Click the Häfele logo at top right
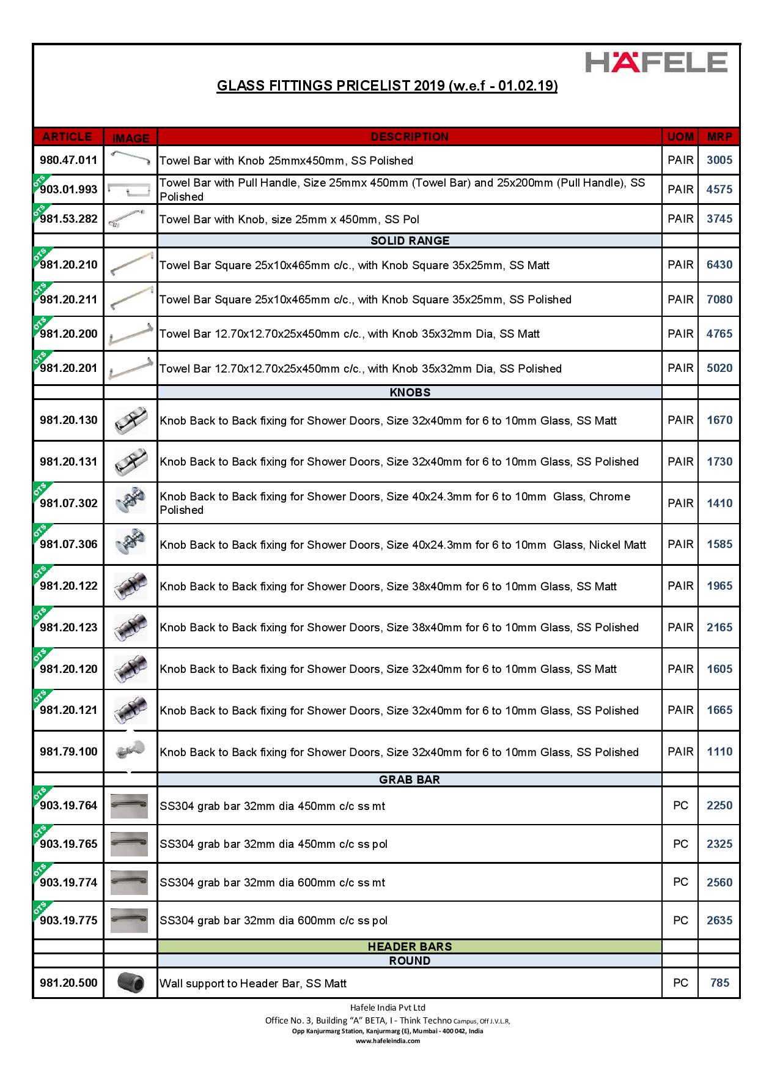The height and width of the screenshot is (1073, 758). pos(657,62)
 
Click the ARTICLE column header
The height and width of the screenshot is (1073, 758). pos(67,136)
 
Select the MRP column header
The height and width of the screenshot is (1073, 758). pos(719,136)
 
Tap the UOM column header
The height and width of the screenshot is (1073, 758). pos(680,136)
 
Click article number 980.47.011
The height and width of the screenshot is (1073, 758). pos(68,160)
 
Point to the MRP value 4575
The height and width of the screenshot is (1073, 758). pos(719,190)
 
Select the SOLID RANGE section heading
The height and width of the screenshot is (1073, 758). pos(410,241)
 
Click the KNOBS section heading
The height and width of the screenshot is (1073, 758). pos(410,393)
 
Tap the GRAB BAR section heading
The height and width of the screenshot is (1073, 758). pos(410,780)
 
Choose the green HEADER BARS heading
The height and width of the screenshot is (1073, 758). pos(410,947)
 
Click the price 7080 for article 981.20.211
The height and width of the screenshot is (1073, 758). pos(719,300)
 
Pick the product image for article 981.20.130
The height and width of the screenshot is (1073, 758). pos(131,420)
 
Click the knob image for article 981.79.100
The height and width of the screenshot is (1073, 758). pos(131,751)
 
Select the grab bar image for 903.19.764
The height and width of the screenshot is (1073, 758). pos(130,806)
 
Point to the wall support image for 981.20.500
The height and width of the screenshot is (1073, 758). pos(131,983)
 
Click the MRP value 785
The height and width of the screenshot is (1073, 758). pos(719,983)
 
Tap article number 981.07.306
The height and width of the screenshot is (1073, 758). pos(68,544)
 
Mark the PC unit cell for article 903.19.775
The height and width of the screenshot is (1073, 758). pos(680,921)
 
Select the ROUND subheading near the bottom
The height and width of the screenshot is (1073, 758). pos(410,961)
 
